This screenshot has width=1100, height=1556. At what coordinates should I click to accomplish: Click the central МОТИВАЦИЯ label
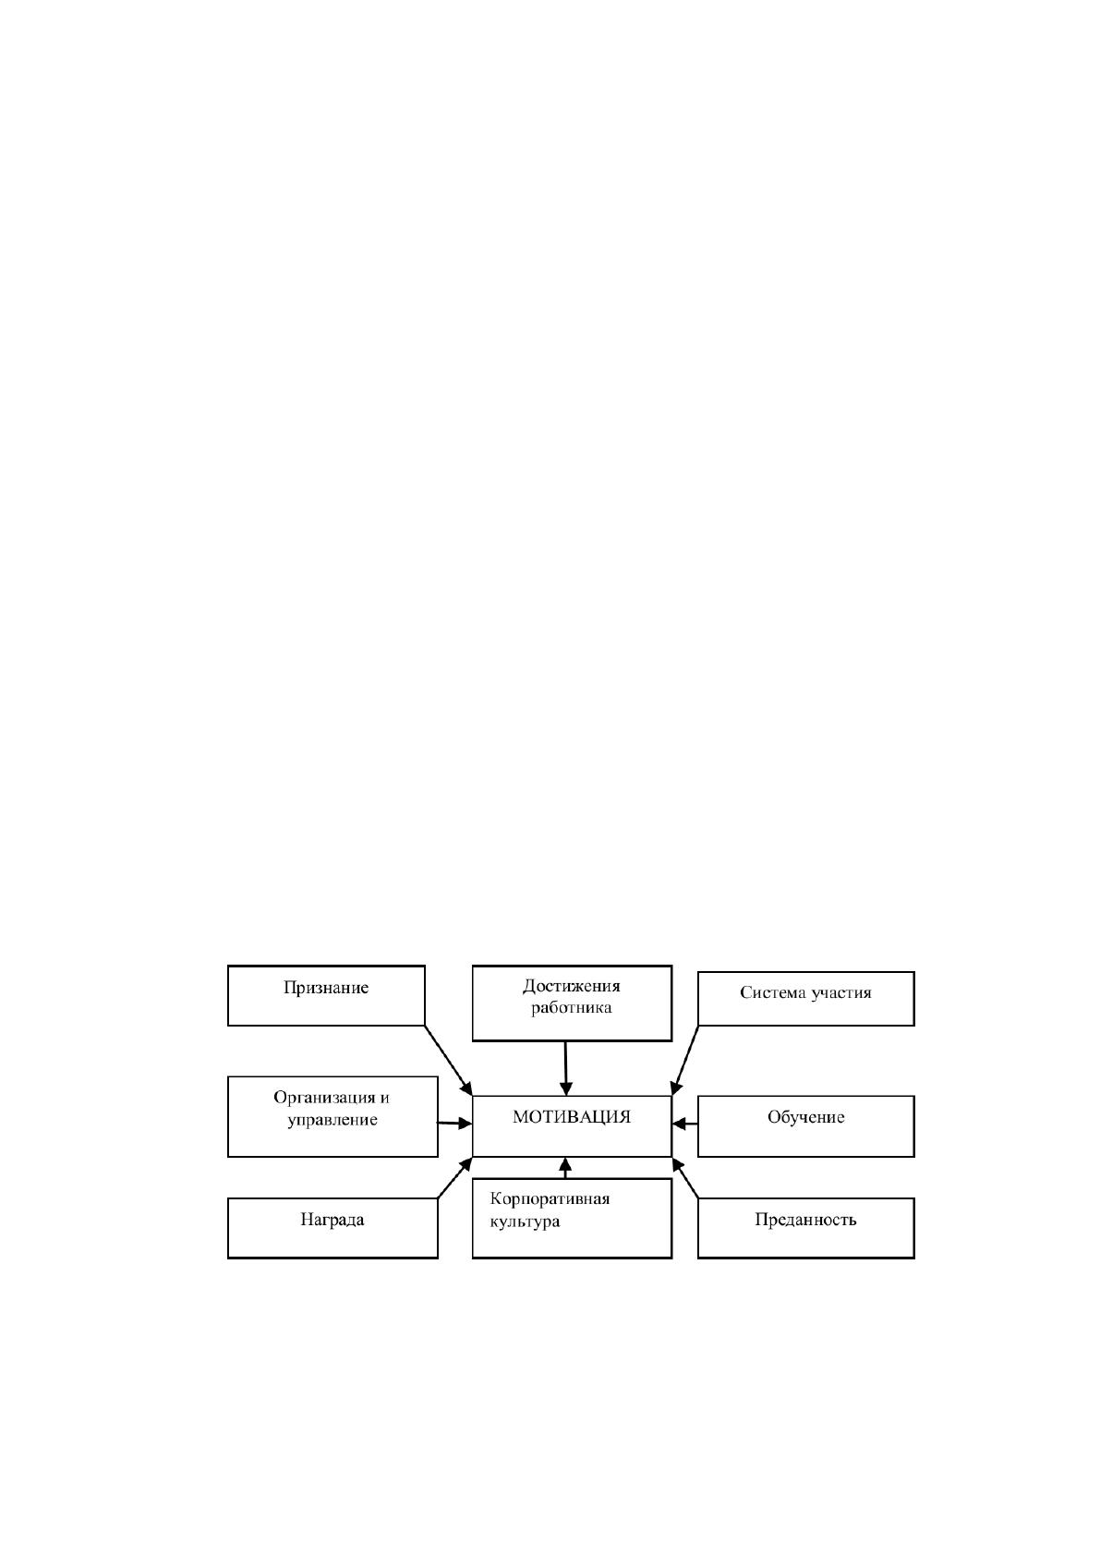point(572,1117)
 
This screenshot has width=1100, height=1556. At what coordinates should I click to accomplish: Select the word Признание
point(326,988)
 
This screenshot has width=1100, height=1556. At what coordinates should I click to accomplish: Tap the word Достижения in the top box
point(572,986)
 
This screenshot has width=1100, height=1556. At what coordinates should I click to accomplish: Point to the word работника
point(572,1008)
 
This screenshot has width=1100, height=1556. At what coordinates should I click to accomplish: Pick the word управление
point(332,1121)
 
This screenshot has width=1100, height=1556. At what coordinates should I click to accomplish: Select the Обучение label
point(805,1117)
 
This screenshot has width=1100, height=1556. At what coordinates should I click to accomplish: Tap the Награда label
point(332,1220)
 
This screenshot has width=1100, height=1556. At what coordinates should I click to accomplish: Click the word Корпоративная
point(550,1199)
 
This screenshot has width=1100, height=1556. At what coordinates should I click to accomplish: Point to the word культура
point(525,1222)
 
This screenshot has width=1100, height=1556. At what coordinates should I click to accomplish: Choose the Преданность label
point(805,1220)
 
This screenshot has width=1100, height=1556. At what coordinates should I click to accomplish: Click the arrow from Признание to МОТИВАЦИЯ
point(449,1061)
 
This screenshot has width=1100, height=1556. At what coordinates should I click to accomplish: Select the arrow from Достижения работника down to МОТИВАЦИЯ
point(566,1068)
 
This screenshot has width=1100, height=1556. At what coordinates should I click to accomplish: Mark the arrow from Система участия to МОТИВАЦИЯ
point(684,1061)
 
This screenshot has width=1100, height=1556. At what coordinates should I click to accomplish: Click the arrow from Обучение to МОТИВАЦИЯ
point(685,1124)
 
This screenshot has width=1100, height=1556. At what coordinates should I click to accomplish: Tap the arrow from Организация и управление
point(454,1124)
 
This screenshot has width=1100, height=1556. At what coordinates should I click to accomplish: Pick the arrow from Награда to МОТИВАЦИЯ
point(454,1178)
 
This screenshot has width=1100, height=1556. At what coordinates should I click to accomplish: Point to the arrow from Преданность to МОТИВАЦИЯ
point(685,1178)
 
